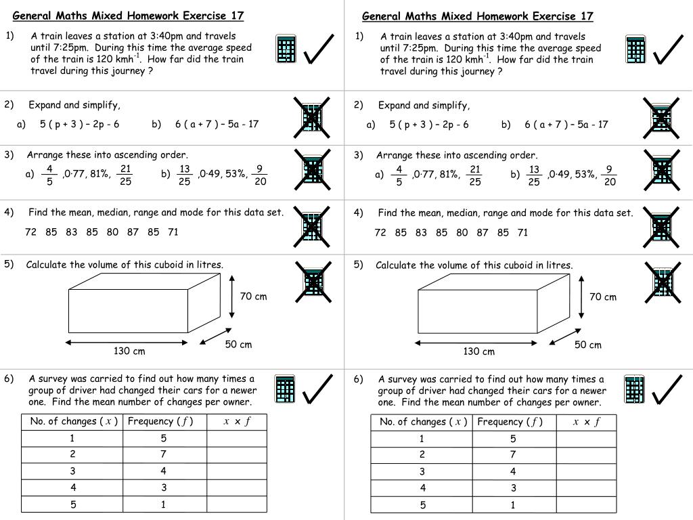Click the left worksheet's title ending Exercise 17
(x=129, y=16)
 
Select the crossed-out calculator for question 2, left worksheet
(x=312, y=118)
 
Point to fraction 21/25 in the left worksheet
(x=125, y=174)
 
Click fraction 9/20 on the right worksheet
(x=610, y=175)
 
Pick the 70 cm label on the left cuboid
(x=253, y=296)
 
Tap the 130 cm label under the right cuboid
(x=478, y=351)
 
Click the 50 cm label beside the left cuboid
(x=238, y=345)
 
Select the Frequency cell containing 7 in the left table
(x=164, y=454)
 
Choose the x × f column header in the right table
(x=587, y=422)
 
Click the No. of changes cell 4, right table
(x=422, y=487)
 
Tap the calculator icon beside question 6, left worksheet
(x=286, y=389)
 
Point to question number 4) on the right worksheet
(x=359, y=213)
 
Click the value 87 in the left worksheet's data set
(x=133, y=232)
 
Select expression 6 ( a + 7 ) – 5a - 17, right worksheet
(x=566, y=124)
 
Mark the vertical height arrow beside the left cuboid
(x=232, y=296)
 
